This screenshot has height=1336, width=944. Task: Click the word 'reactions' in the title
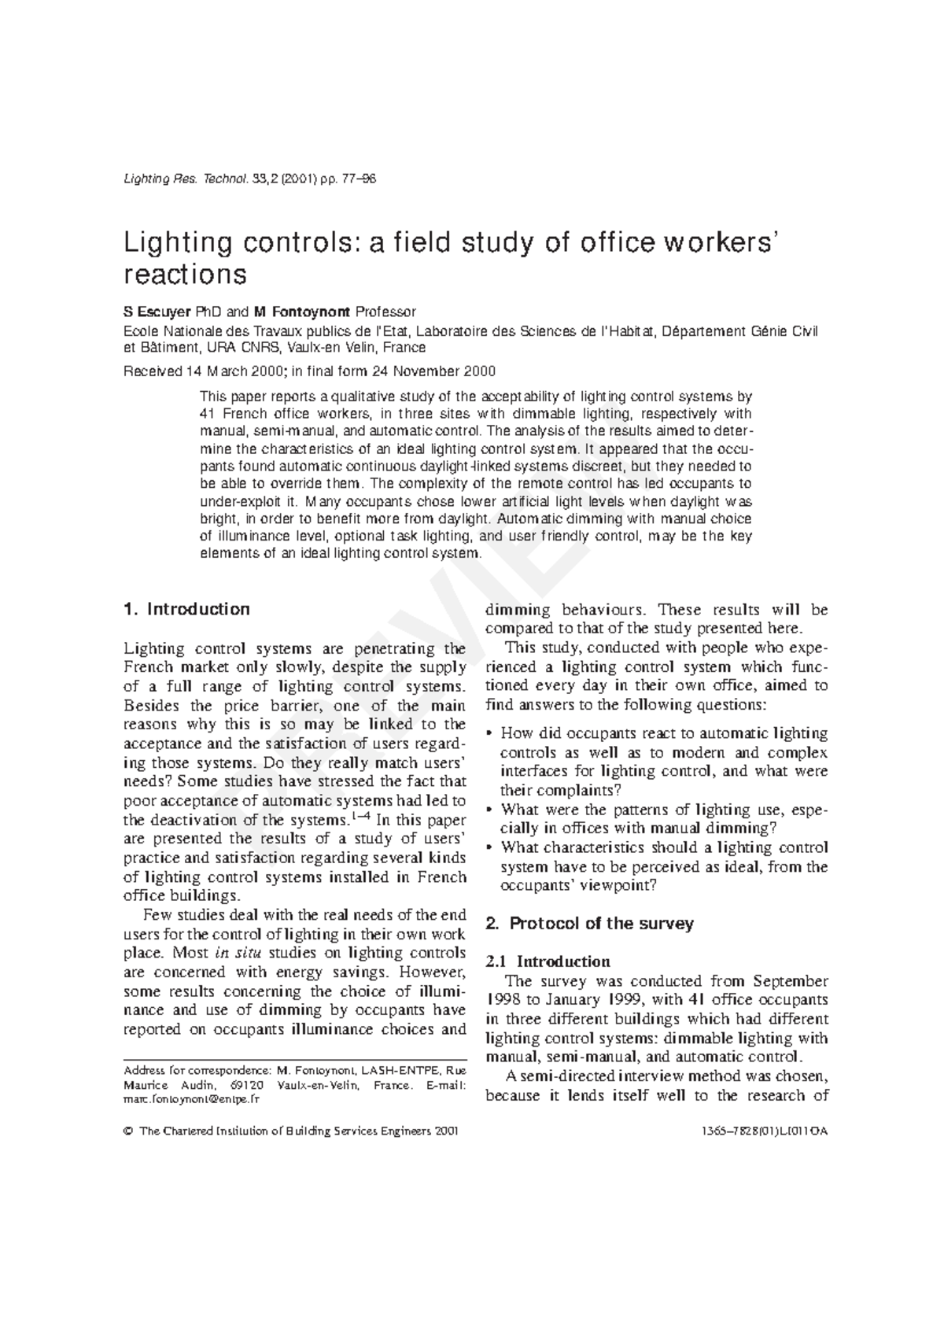coord(186,275)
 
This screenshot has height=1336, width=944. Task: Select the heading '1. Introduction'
coord(187,609)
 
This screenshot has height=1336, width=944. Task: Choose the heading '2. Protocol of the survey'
coord(590,923)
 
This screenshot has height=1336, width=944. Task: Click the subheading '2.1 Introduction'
coord(548,961)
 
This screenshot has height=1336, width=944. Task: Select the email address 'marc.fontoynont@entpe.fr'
coord(191,1100)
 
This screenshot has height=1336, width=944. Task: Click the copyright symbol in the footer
coord(128,1131)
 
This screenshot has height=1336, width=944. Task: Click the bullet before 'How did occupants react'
coord(491,733)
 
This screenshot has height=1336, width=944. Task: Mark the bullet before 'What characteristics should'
coord(491,848)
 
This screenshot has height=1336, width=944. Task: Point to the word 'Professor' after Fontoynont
coord(385,312)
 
